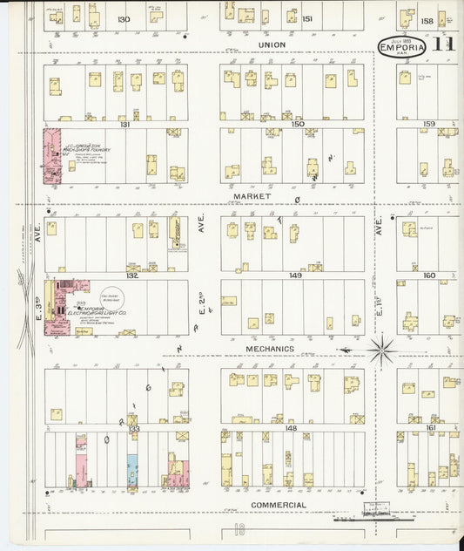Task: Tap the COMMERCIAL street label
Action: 278,505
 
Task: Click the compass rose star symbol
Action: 380,350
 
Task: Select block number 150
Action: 298,125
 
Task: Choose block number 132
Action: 131,275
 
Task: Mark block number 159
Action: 428,125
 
